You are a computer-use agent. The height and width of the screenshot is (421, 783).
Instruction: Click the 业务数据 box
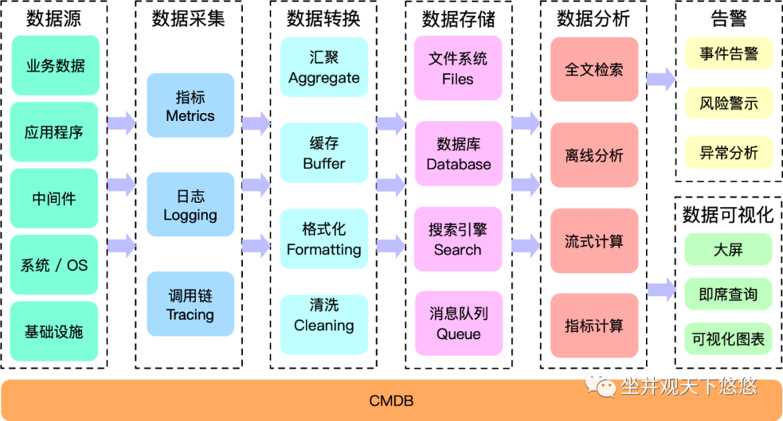click(55, 66)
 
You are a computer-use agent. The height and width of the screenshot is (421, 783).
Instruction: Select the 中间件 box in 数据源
click(55, 199)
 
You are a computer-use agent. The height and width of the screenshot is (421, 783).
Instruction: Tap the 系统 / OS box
click(55, 265)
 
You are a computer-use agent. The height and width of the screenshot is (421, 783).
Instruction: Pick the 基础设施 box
click(55, 332)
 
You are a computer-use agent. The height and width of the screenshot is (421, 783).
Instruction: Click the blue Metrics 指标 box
click(190, 106)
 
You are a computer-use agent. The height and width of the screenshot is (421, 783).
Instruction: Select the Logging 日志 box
click(190, 205)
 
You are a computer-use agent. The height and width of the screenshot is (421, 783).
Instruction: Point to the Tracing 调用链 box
click(190, 304)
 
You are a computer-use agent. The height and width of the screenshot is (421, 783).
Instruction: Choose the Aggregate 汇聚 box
click(324, 67)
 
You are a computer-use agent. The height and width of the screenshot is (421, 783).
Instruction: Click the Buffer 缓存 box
click(324, 153)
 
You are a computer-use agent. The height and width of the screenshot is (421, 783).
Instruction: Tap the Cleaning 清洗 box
click(324, 314)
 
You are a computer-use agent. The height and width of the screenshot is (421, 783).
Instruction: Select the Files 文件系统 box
click(457, 68)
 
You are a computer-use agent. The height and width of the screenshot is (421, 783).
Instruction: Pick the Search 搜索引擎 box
click(457, 239)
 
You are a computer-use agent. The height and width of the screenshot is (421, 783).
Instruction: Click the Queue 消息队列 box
click(457, 324)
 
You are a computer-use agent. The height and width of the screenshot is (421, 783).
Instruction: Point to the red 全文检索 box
click(594, 70)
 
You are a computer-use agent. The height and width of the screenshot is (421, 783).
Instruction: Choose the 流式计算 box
click(594, 241)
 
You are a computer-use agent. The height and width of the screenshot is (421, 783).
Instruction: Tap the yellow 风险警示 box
click(729, 103)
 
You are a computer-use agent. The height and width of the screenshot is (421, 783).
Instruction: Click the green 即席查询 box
click(729, 294)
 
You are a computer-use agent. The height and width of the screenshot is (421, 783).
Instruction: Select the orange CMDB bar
click(391, 400)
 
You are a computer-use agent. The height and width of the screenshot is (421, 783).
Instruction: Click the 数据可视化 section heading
click(728, 214)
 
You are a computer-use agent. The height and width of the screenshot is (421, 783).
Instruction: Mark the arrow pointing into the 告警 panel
click(660, 79)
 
